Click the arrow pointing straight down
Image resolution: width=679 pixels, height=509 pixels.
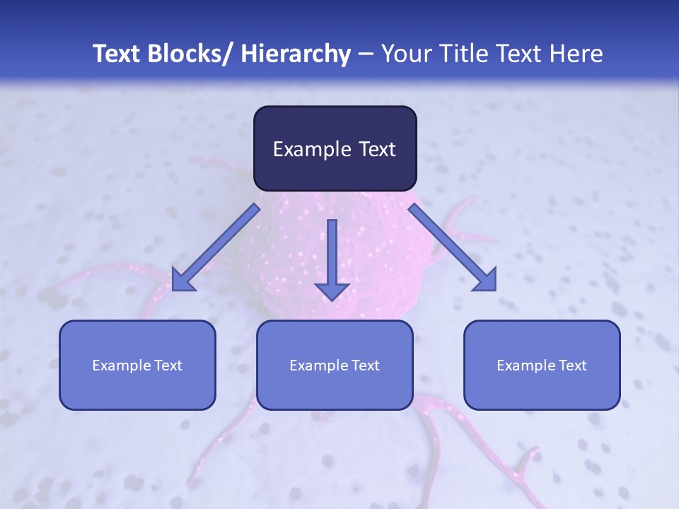332,258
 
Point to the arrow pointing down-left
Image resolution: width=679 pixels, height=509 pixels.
216,247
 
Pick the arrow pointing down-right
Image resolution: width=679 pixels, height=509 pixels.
453,247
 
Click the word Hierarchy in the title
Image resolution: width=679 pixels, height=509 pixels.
296,54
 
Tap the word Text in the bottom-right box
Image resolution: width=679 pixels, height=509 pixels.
572,365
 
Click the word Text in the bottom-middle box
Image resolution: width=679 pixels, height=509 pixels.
365,365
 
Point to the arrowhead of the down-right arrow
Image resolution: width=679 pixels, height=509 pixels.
485,279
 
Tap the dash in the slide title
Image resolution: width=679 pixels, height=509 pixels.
366,54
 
